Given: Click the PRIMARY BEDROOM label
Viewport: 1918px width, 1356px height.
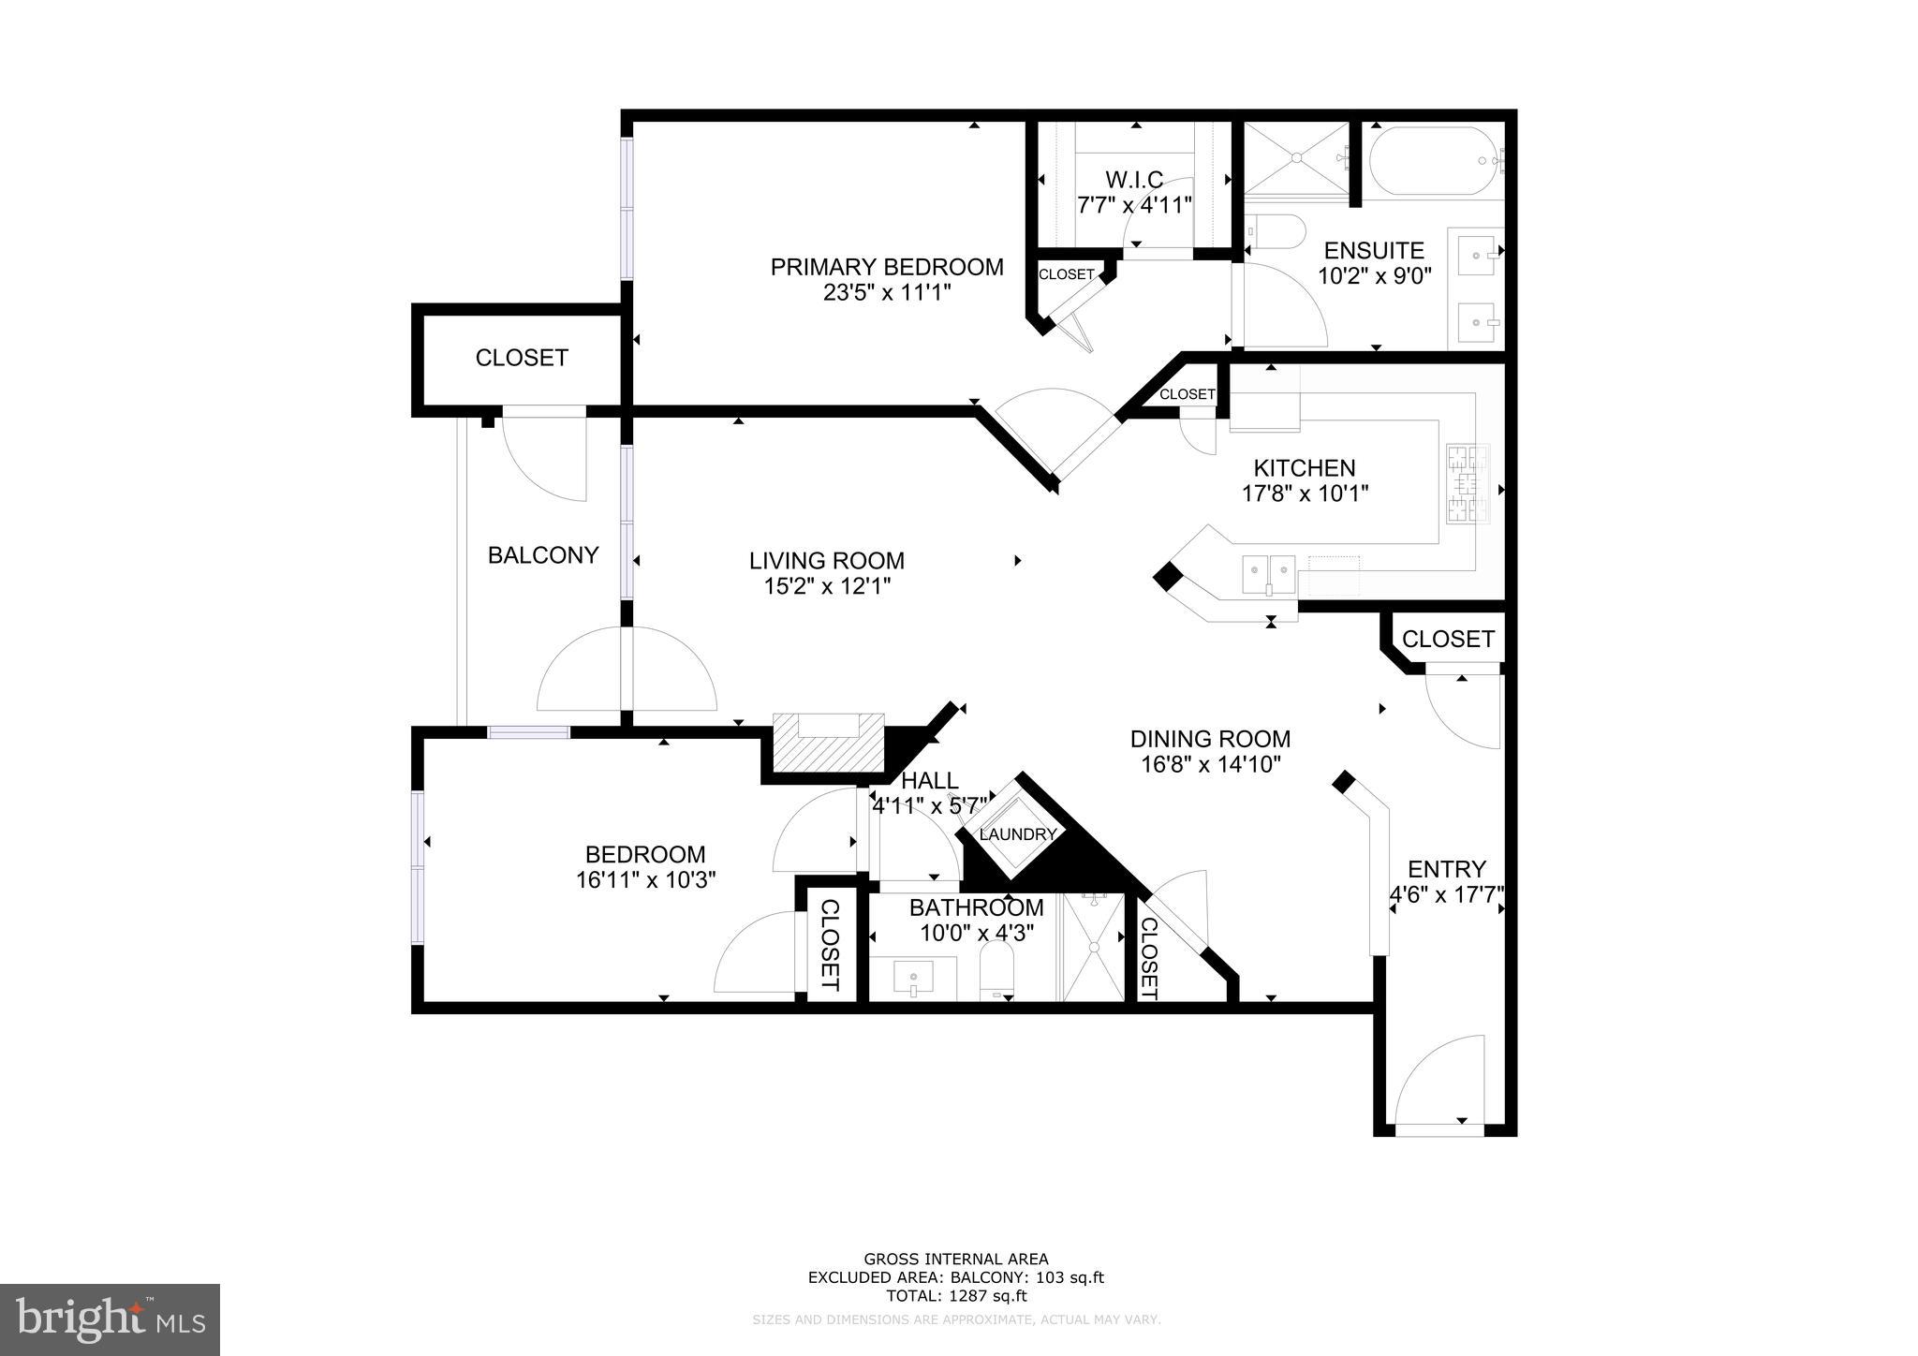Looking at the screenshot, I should (x=886, y=267).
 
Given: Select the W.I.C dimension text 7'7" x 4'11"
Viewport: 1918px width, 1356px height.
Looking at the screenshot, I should (x=1134, y=204).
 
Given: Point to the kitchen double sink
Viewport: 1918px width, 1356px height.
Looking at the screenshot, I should (x=1268, y=573).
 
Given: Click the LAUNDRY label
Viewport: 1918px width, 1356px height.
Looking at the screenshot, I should (x=1017, y=834).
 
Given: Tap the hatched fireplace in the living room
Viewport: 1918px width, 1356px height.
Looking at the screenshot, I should (x=828, y=743).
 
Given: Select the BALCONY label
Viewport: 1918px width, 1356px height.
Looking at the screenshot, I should (x=542, y=555).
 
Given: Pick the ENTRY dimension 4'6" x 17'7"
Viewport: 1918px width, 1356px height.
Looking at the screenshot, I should (x=1446, y=894).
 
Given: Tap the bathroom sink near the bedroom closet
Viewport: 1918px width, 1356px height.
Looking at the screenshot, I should (x=912, y=980).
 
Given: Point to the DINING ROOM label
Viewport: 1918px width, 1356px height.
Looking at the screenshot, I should (x=1210, y=739).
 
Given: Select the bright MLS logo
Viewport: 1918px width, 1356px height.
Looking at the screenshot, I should (x=110, y=1319).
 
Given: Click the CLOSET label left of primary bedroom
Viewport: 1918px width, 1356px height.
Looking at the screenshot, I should (x=521, y=358).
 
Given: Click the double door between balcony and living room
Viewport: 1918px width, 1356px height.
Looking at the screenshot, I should (x=627, y=669).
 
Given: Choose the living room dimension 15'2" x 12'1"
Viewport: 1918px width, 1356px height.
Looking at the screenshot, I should (x=826, y=586).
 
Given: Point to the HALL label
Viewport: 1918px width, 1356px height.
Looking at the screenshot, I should (x=929, y=780).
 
